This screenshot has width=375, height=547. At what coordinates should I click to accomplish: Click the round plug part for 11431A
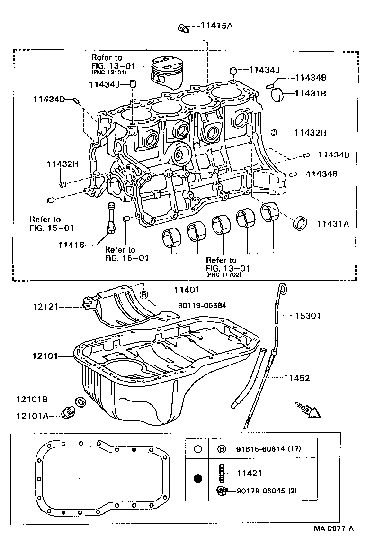(x=300, y=223)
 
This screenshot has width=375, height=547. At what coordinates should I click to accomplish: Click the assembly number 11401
(x=186, y=289)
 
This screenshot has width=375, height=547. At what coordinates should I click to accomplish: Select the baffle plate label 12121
(x=45, y=307)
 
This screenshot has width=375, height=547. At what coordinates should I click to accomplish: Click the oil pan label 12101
(x=45, y=355)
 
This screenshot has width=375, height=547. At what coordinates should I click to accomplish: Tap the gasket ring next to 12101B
(x=81, y=402)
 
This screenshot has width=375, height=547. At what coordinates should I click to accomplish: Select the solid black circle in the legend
(x=197, y=478)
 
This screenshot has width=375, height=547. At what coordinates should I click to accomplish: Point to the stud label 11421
(x=249, y=473)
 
